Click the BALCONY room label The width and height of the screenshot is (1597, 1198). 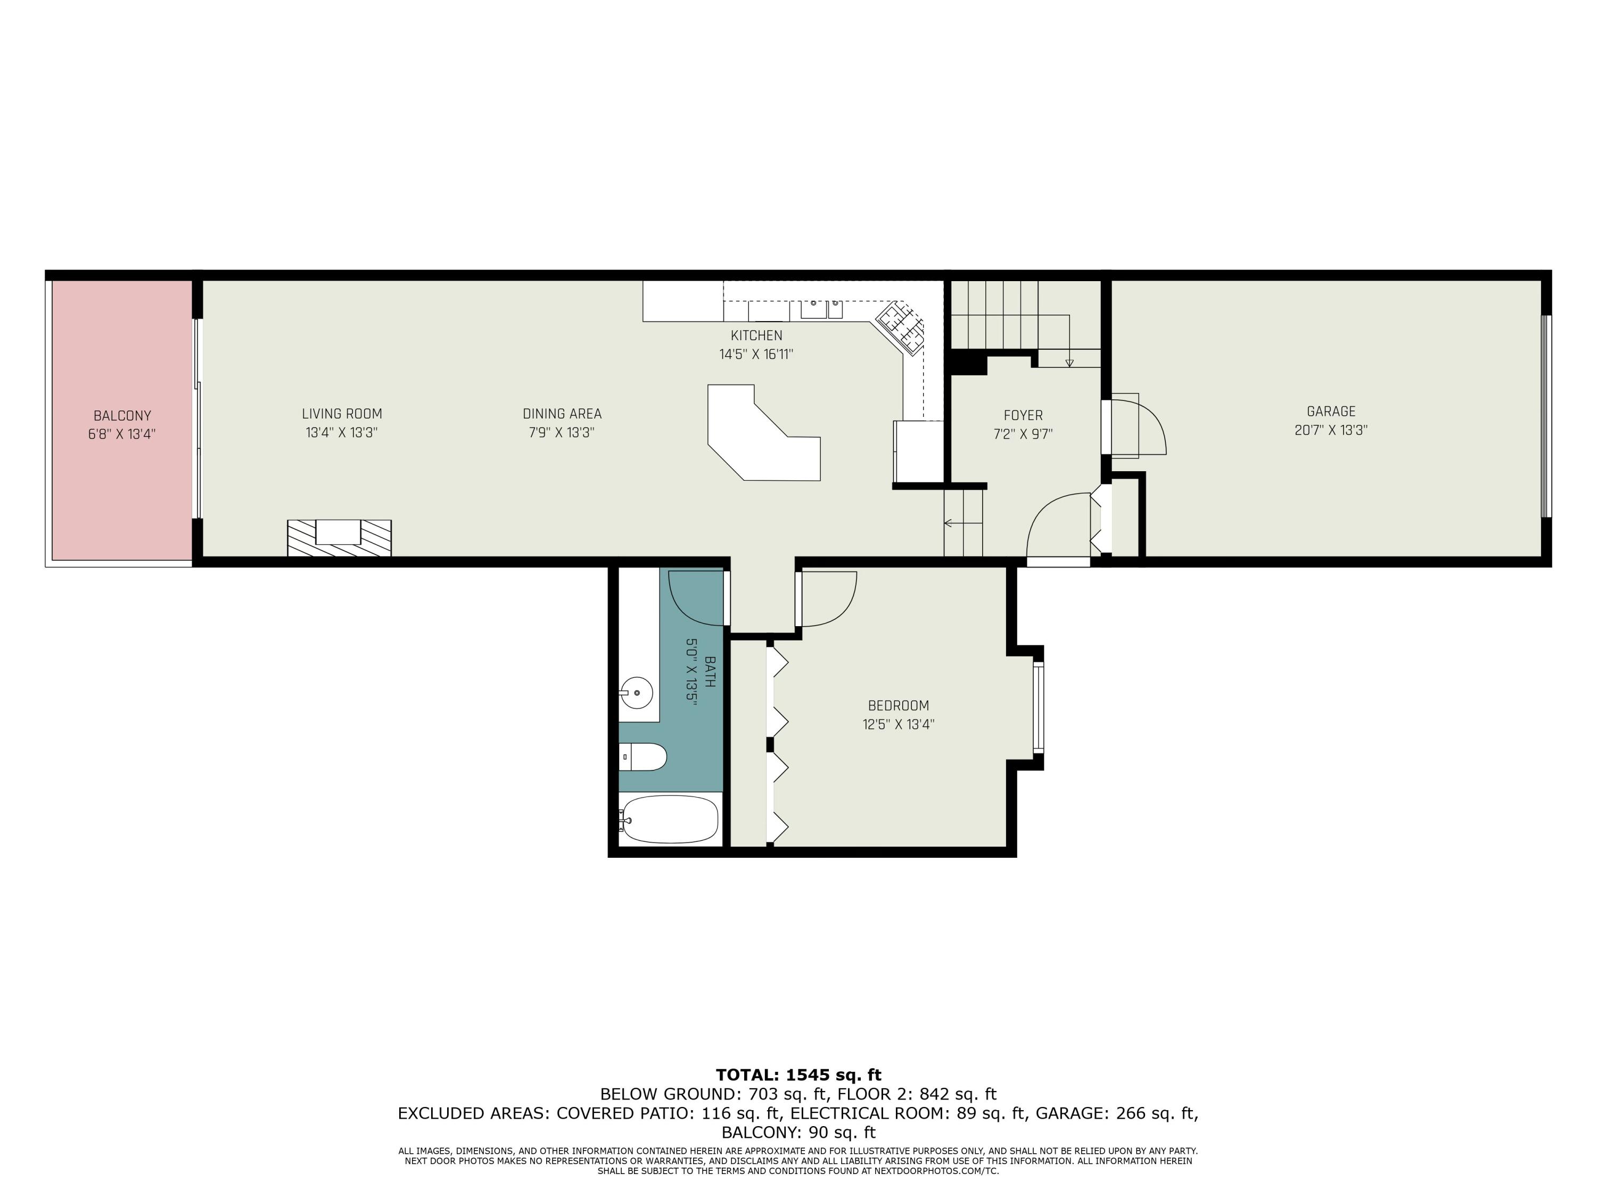(x=122, y=416)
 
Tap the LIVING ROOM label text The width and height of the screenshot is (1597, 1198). (x=342, y=414)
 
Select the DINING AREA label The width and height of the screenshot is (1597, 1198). (x=562, y=414)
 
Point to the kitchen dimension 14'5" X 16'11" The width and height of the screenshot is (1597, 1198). (x=756, y=355)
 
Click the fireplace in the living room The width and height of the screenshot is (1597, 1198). (x=339, y=538)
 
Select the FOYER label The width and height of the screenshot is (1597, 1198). (x=1023, y=415)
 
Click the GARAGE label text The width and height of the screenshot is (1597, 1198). (x=1331, y=412)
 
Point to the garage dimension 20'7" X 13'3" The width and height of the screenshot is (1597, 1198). (x=1331, y=430)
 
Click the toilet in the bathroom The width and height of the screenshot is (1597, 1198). (x=643, y=757)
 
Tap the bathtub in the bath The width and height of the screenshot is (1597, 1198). (x=669, y=819)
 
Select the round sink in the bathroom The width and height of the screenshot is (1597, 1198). (x=636, y=693)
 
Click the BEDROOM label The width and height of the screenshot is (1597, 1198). (x=898, y=705)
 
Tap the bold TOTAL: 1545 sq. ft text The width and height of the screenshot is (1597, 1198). (x=798, y=1074)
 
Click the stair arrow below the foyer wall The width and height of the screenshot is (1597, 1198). (x=963, y=523)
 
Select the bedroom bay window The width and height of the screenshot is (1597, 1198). (x=1038, y=708)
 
